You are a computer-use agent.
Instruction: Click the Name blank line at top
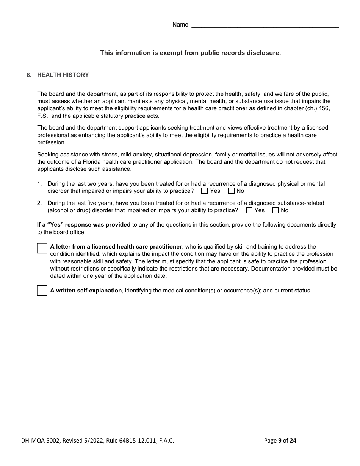[265, 25]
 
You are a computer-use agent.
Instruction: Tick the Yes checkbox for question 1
[205, 191]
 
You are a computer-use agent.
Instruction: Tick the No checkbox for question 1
[231, 191]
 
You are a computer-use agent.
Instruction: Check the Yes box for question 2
[249, 210]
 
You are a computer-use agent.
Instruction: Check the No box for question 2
[275, 210]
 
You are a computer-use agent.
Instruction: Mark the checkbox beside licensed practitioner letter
[42, 248]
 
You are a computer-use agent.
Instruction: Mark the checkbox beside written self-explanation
[42, 291]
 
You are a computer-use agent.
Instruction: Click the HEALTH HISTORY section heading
[63, 75]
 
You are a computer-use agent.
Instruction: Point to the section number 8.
[29, 75]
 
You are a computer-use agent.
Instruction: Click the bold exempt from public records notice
[190, 53]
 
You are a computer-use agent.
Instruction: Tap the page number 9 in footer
[280, 440]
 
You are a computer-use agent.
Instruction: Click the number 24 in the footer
[293, 440]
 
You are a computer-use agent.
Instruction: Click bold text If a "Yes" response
[83, 225]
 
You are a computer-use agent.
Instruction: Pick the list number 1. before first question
[39, 184]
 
